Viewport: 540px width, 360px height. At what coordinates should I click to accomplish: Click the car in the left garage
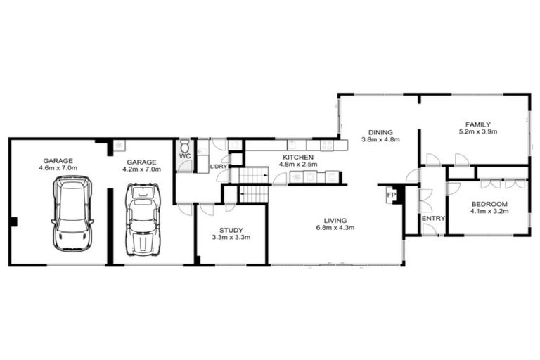pyautogui.click(x=72, y=214)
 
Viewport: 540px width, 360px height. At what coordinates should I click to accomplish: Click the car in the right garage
pyautogui.click(x=143, y=219)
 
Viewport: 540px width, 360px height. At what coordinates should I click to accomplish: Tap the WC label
pyautogui.click(x=184, y=155)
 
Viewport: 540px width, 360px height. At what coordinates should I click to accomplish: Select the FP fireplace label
pyautogui.click(x=391, y=195)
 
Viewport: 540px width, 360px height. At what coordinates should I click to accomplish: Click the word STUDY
pyautogui.click(x=231, y=229)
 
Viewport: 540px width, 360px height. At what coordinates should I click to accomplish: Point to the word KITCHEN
pyautogui.click(x=298, y=157)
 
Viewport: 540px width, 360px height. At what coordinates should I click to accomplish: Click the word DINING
pyautogui.click(x=380, y=131)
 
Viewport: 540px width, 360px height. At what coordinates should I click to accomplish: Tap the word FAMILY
pyautogui.click(x=477, y=124)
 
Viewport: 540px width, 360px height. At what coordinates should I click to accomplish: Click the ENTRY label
pyautogui.click(x=433, y=218)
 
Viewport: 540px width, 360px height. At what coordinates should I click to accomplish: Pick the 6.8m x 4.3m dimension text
pyautogui.click(x=335, y=228)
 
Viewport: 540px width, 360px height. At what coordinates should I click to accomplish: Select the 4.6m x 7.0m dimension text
pyautogui.click(x=58, y=168)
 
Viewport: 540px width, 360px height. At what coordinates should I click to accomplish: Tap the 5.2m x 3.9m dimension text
pyautogui.click(x=477, y=131)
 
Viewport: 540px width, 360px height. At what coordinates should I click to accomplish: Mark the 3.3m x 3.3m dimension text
pyautogui.click(x=231, y=238)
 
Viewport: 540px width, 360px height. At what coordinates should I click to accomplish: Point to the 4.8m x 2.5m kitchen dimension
pyautogui.click(x=298, y=165)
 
